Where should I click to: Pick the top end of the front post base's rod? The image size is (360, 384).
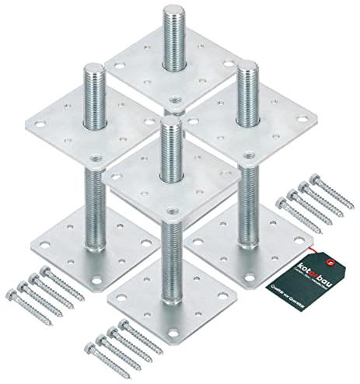tap(168, 129)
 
